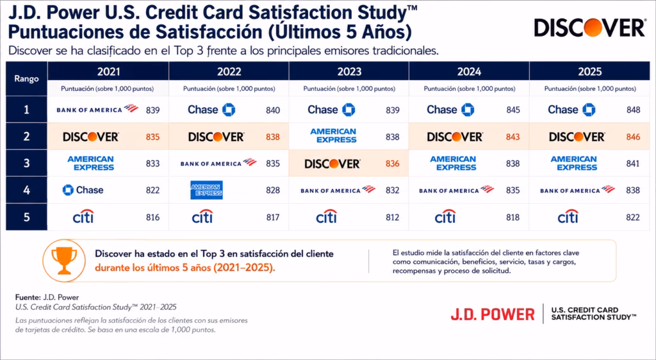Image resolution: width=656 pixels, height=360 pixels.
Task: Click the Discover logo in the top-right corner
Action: (x=589, y=28)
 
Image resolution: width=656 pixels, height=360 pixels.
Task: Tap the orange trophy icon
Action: (x=64, y=261)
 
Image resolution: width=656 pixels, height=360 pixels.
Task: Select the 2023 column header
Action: (x=349, y=71)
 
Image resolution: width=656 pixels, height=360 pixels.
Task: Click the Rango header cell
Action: (x=26, y=79)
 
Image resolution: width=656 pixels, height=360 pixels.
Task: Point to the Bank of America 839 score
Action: (x=152, y=110)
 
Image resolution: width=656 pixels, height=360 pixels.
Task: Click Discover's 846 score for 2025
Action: (x=633, y=136)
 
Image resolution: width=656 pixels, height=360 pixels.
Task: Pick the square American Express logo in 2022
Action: (x=207, y=190)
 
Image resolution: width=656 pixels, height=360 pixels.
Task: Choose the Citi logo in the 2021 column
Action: (x=83, y=217)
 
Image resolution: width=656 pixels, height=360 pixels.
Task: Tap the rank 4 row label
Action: (x=26, y=190)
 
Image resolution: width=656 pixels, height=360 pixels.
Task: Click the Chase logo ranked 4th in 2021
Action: (x=83, y=190)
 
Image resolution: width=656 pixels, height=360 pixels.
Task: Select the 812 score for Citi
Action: (x=393, y=217)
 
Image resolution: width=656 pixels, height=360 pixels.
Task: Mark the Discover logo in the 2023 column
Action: (x=332, y=163)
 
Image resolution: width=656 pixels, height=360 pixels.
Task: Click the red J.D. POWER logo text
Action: (x=493, y=315)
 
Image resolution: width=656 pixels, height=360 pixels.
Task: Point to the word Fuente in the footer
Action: (x=28, y=297)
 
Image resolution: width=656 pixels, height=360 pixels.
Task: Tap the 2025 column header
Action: (x=589, y=71)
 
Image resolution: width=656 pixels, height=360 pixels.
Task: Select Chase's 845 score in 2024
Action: (x=513, y=110)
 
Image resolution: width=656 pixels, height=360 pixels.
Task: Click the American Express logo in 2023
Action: (x=333, y=135)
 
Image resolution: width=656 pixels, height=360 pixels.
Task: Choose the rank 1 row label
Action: (x=26, y=110)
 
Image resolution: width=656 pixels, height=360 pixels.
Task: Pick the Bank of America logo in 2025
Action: (x=577, y=190)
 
